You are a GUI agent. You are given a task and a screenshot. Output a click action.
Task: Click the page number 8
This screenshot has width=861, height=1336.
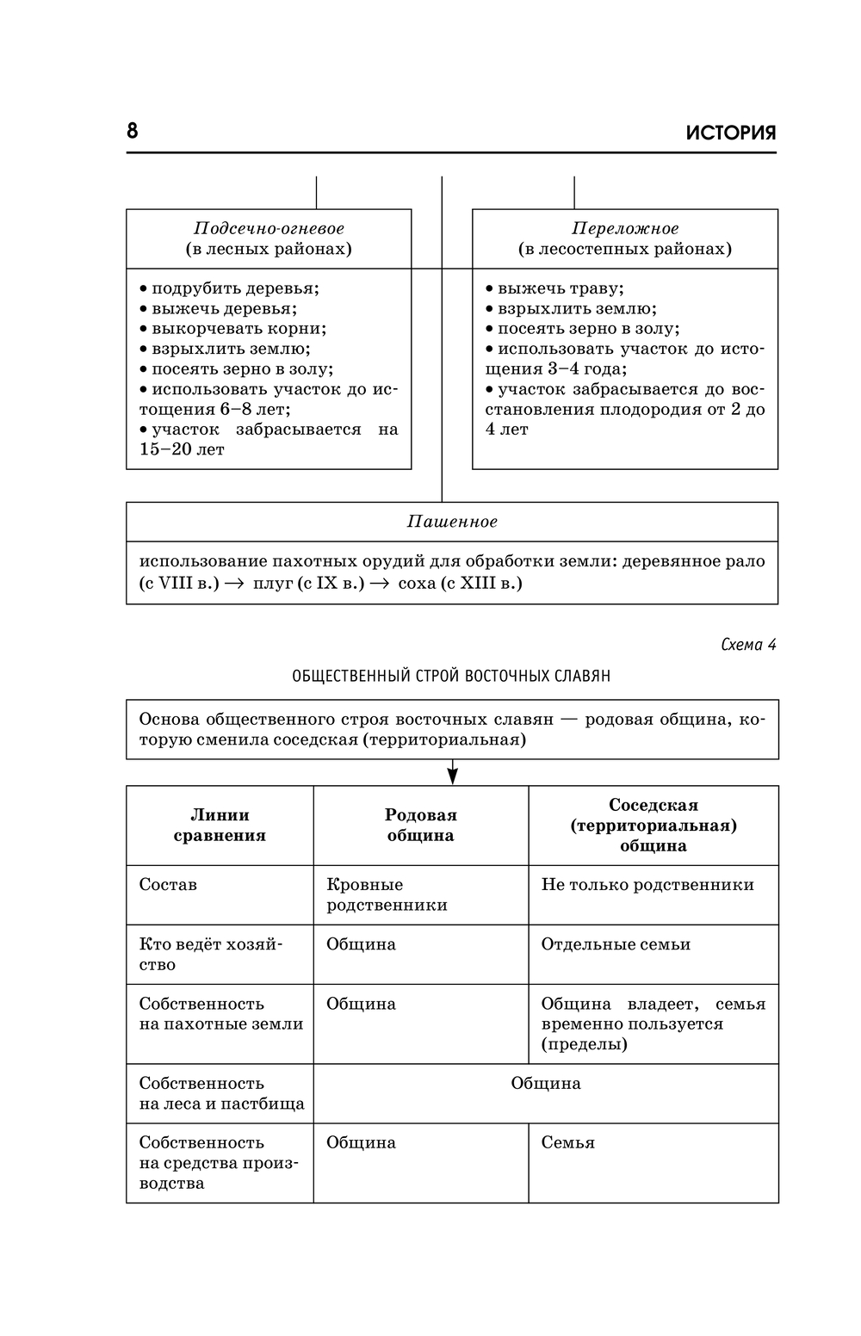[133, 131]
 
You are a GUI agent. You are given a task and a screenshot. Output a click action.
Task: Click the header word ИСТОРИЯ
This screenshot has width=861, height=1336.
[731, 133]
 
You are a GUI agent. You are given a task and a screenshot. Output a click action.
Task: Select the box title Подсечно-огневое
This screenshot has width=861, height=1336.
[269, 229]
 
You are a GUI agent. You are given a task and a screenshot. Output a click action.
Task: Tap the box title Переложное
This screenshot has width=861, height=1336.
[625, 229]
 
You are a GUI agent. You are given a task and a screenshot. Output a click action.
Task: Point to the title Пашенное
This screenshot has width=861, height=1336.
[452, 522]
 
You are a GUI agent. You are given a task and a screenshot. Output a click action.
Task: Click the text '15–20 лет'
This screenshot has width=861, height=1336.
[182, 449]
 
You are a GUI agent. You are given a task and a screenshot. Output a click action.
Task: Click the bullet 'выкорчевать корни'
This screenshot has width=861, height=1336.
[238, 329]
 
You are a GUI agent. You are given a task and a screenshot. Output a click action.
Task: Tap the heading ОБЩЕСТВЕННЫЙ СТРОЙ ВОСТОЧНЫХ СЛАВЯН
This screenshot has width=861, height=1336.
[451, 676]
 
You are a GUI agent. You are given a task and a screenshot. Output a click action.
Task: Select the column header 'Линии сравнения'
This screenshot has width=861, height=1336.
[220, 825]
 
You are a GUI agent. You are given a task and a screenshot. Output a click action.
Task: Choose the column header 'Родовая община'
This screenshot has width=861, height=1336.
[420, 825]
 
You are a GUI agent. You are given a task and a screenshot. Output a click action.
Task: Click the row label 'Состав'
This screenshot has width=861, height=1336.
[168, 885]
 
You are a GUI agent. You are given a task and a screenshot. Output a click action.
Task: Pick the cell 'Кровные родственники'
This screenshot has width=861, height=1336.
[387, 894]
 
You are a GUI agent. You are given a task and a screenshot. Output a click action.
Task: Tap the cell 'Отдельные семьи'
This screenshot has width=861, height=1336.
[616, 944]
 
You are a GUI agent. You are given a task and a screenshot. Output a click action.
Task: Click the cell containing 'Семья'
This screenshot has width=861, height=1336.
[567, 1143]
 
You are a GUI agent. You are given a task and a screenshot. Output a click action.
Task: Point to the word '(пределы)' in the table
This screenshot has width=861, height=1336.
[584, 1044]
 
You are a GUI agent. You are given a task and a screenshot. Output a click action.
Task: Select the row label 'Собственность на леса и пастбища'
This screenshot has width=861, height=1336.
[221, 1093]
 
